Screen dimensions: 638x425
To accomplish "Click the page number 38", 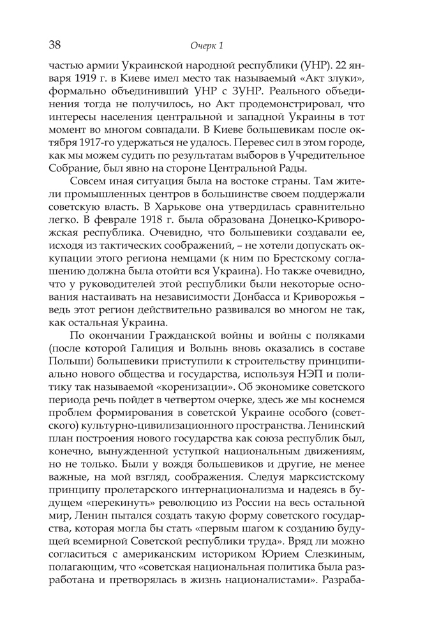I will (54, 45).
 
